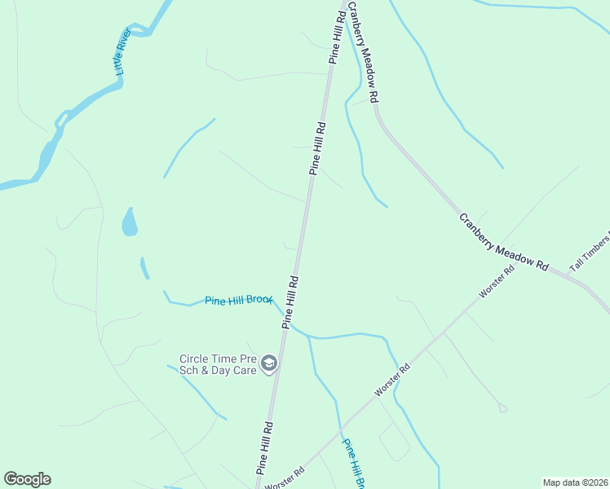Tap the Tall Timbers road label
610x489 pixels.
point(590,251)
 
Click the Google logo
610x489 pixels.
point(27,479)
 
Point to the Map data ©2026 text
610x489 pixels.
point(575,482)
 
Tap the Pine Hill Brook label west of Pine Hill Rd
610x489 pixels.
point(238,301)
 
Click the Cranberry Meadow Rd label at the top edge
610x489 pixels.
point(364,51)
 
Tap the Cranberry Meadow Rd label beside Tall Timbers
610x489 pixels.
point(502,241)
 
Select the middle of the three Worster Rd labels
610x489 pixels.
point(392,380)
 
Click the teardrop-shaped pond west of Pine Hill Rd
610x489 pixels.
point(129,222)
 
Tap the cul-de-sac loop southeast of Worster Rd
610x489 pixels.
point(502,407)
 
